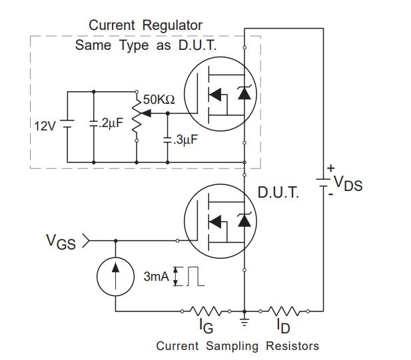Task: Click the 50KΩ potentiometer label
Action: (159, 99)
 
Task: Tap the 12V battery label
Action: (46, 125)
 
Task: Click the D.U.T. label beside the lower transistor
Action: (278, 193)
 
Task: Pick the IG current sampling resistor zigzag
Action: (206, 310)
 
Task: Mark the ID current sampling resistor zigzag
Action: (284, 310)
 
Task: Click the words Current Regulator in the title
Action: (145, 25)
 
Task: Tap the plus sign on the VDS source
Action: (331, 168)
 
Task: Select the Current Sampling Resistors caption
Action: (237, 346)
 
